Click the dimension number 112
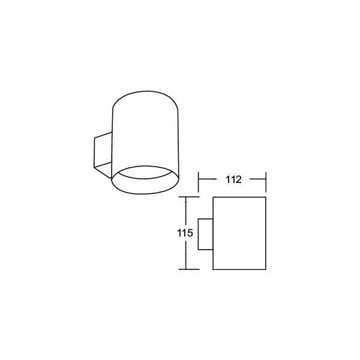pos(233,179)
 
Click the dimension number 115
pos(185,233)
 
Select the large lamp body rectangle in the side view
pos(239,233)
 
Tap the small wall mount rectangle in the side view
pos(205,234)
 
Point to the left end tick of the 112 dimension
pos(199,182)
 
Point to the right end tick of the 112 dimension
pos(266,182)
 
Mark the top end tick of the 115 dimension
pos(189,197)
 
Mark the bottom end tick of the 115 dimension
pos(189,269)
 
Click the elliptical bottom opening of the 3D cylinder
pos(145,194)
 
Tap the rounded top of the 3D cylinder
pos(145,91)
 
